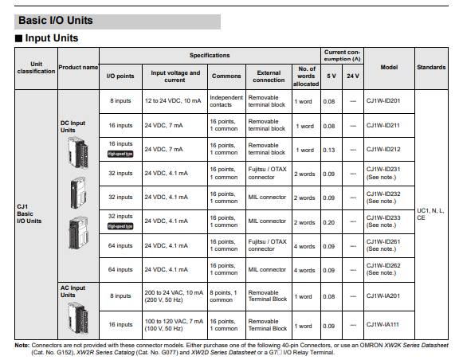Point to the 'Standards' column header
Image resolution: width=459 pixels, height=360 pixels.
click(x=431, y=67)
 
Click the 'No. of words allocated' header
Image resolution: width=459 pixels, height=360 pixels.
click(x=305, y=76)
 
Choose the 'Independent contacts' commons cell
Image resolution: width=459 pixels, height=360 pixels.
click(x=226, y=101)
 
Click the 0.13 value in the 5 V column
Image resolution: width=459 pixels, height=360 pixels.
click(x=329, y=149)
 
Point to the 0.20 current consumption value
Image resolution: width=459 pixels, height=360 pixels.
click(x=329, y=222)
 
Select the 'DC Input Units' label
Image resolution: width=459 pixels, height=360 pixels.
click(x=73, y=127)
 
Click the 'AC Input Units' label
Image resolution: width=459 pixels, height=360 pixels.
click(x=73, y=291)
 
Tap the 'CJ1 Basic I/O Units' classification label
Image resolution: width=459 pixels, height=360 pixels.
click(x=29, y=213)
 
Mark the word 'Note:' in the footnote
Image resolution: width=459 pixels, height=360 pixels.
click(x=23, y=346)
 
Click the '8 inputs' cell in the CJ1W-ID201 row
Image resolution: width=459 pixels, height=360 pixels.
click(x=121, y=101)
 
